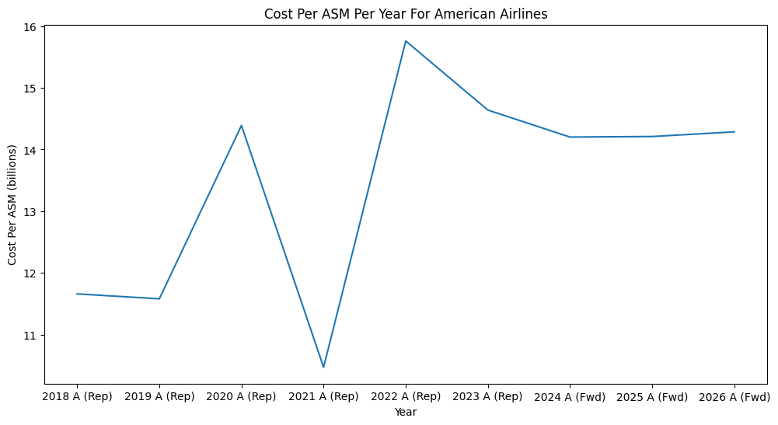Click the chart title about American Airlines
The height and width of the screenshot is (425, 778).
405,13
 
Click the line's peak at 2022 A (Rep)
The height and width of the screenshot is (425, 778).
406,40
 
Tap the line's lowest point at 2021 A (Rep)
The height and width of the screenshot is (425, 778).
323,368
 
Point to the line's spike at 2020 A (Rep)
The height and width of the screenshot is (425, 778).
241,125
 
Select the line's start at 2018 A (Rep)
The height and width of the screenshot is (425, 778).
77,294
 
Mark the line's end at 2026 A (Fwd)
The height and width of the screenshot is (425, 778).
734,132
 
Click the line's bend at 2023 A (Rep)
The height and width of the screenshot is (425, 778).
488,110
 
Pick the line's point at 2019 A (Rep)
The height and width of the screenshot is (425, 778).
159,298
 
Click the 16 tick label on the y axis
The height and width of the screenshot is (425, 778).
32,26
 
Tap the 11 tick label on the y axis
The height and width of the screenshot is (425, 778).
32,336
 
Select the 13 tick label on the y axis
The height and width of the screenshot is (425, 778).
32,212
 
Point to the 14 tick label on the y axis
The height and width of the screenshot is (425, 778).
32,150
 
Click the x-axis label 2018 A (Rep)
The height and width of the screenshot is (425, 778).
77,396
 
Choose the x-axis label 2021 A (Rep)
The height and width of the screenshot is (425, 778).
323,396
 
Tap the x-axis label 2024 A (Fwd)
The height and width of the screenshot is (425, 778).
570,396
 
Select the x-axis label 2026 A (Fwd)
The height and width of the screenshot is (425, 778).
734,396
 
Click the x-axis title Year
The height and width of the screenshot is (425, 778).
405,412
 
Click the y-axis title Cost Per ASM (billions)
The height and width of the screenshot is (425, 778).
12,204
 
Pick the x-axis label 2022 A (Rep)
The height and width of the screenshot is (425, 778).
406,396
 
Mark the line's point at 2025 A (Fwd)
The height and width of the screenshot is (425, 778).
652,137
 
